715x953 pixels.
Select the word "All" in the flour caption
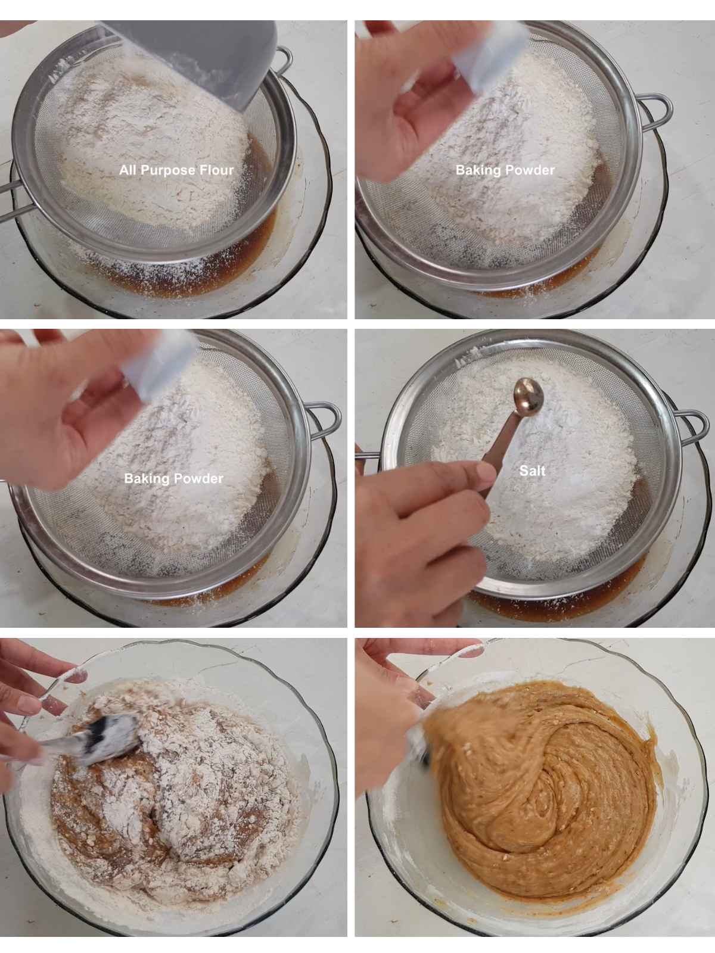coord(128,170)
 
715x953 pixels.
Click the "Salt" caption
coord(532,471)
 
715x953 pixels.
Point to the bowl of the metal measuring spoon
coord(529,397)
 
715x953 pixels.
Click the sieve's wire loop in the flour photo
coord(283,61)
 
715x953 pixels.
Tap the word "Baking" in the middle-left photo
coord(142,479)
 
